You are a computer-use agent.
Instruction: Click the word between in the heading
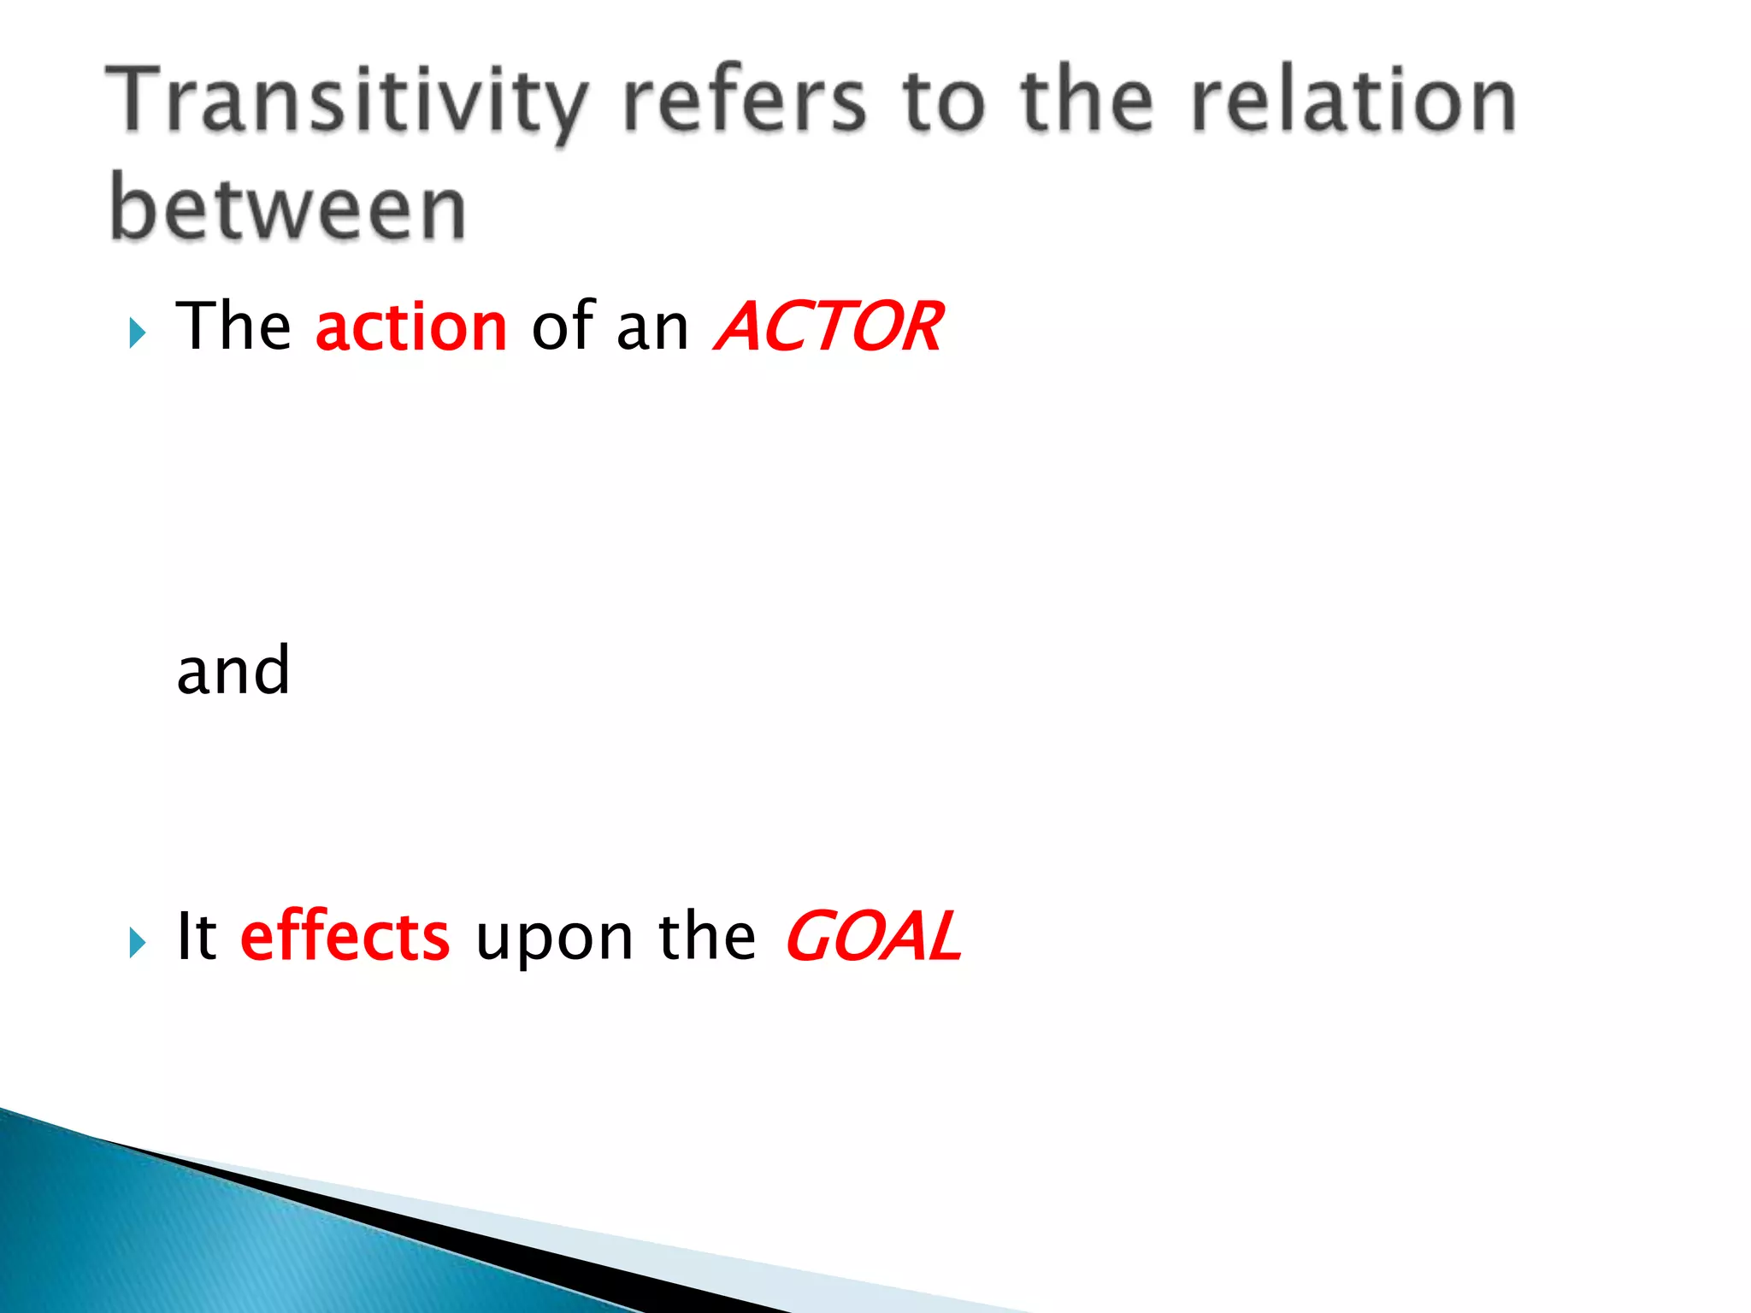point(288,208)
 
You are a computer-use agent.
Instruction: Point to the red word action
point(411,327)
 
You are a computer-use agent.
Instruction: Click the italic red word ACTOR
point(828,327)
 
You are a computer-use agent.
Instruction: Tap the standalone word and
point(233,670)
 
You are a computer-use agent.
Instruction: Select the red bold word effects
point(345,937)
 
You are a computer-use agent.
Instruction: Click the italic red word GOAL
point(873,937)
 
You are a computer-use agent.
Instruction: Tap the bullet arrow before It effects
point(137,942)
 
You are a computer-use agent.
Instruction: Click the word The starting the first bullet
point(233,327)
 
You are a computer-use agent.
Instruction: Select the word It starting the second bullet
point(197,936)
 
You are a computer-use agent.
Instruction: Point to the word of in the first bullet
point(563,327)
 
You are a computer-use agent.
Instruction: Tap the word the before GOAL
point(706,937)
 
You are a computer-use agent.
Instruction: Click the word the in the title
point(1087,103)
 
